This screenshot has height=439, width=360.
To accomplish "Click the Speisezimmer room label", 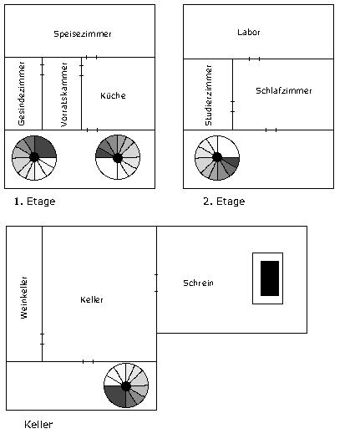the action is click(x=83, y=34).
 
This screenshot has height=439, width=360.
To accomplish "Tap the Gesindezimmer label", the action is click(x=21, y=94).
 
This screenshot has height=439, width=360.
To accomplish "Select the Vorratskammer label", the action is click(x=64, y=94).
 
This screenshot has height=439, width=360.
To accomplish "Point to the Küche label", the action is click(x=113, y=96).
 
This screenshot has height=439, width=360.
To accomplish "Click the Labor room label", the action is click(x=249, y=33).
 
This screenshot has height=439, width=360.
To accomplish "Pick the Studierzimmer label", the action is click(x=209, y=95).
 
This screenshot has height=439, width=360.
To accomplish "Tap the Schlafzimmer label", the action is click(x=284, y=90).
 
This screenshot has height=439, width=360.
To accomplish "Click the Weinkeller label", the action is click(x=24, y=298).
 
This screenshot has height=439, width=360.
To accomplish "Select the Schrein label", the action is click(x=198, y=283).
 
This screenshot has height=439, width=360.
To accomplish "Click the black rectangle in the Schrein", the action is click(x=270, y=278).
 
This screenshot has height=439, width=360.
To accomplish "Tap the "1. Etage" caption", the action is click(x=35, y=202).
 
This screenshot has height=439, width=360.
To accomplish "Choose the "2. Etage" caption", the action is click(x=224, y=202).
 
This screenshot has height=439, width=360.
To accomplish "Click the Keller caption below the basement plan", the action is click(x=38, y=425).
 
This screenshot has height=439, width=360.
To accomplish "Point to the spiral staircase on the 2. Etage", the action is click(x=217, y=158).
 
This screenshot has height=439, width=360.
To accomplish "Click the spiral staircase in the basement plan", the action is click(x=126, y=385).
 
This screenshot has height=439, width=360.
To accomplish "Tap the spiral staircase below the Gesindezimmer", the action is click(x=34, y=158).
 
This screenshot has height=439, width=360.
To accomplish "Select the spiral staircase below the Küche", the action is click(x=118, y=157).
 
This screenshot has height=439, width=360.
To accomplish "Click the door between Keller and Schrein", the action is click(x=156, y=283).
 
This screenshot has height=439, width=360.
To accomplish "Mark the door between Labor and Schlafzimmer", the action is click(x=254, y=59).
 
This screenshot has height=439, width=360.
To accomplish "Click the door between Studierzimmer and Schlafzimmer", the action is click(x=232, y=107).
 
